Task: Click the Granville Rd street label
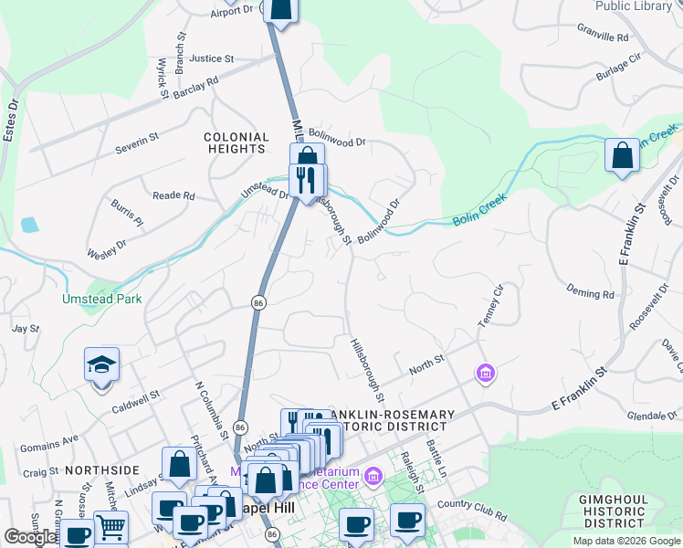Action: pyautogui.click(x=603, y=38)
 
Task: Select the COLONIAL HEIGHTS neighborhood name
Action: pyautogui.click(x=236, y=143)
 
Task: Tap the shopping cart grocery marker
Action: pyautogui.click(x=110, y=527)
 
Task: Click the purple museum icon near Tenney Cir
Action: pyautogui.click(x=485, y=373)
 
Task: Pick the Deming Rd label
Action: pyautogui.click(x=590, y=294)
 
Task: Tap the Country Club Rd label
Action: pyautogui.click(x=471, y=504)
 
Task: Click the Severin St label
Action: pyautogui.click(x=137, y=144)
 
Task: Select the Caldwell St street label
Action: pyautogui.click(x=135, y=402)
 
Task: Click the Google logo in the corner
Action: pyautogui.click(x=30, y=537)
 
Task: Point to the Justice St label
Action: pyautogui.click(x=212, y=58)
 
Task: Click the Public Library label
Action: pyautogui.click(x=634, y=6)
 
